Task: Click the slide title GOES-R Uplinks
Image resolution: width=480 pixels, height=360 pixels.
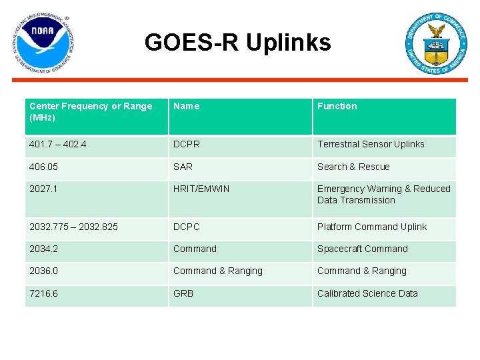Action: click(237, 43)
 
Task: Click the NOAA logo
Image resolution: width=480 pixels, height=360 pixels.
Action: click(43, 43)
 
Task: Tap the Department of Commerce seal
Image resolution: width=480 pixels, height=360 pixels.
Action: click(437, 43)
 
